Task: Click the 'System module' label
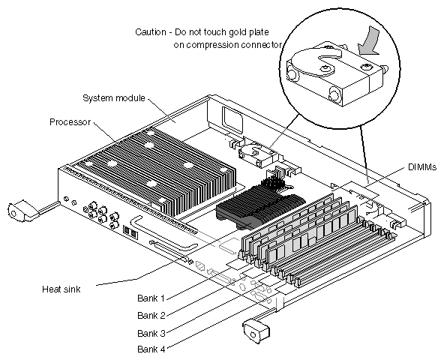(114, 98)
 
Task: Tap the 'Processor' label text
(70, 122)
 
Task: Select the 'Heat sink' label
(61, 289)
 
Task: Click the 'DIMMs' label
(422, 167)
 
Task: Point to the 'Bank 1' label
(151, 298)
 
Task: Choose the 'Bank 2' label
(151, 315)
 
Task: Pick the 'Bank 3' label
(151, 334)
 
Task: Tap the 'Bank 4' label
(151, 349)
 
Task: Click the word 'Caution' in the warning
(151, 32)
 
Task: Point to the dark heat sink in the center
(259, 208)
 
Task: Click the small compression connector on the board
(258, 155)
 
